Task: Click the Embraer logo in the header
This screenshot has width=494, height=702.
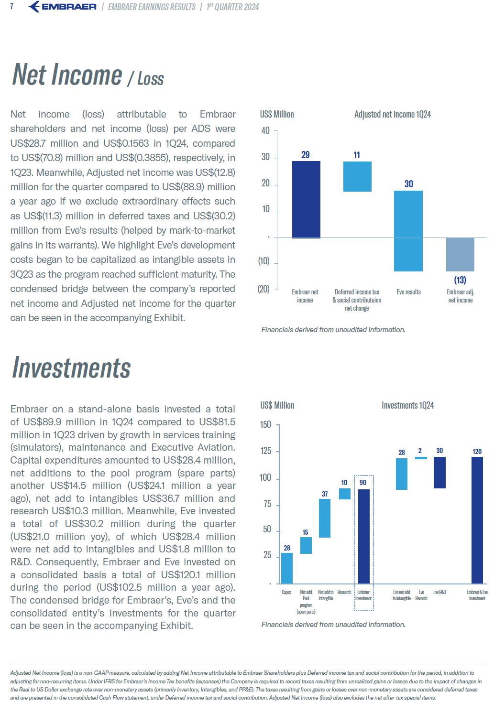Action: (62, 7)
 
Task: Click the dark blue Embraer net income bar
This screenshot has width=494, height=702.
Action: (306, 200)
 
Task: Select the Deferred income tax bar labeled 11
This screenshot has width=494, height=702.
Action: (357, 176)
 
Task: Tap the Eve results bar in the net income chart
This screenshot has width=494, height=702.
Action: (408, 231)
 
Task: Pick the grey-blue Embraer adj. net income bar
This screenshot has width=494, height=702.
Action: (460, 255)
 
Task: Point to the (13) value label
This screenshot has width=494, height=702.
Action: (460, 280)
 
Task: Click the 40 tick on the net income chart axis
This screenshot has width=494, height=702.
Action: (265, 130)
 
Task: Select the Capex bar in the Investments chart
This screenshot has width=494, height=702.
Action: (286, 568)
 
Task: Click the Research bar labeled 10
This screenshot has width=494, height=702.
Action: (345, 494)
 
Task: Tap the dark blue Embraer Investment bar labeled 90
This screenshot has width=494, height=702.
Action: (364, 536)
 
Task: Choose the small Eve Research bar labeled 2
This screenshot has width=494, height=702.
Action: (421, 458)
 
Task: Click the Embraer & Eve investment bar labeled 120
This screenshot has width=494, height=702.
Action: (477, 520)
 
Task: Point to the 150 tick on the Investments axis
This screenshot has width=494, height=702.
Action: (265, 425)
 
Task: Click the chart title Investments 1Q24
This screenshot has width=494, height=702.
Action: (407, 405)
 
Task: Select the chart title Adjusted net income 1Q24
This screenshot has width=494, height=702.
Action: (392, 114)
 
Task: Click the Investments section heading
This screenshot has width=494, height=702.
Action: (71, 367)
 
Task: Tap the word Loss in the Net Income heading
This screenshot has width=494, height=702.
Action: (151, 78)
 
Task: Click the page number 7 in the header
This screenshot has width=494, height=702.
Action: (11, 6)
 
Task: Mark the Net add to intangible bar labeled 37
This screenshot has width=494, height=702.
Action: (325, 518)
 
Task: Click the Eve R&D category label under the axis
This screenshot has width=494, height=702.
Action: (439, 592)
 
